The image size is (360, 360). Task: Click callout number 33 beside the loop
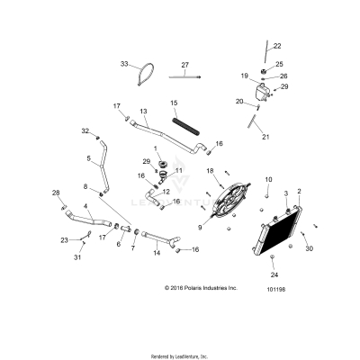point(125,65)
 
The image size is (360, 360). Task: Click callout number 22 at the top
point(277,46)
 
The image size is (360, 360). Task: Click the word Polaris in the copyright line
point(188,288)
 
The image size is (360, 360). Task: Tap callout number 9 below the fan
point(200,229)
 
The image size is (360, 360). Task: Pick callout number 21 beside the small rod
point(265,138)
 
